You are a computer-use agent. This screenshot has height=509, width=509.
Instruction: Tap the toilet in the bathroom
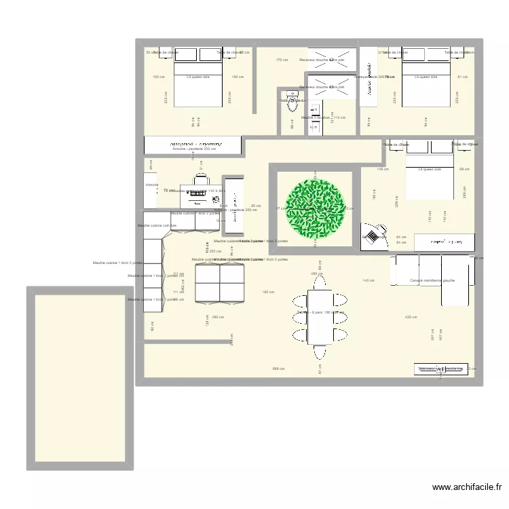click(x=293, y=103)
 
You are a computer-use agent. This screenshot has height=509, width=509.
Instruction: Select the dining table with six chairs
click(x=320, y=316)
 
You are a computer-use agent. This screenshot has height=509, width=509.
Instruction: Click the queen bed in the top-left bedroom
click(x=198, y=77)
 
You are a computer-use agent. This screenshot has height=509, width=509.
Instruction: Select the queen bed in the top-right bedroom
click(x=426, y=77)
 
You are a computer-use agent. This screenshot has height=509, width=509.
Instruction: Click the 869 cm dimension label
click(x=278, y=369)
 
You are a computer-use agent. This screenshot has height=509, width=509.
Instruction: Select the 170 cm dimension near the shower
click(x=281, y=60)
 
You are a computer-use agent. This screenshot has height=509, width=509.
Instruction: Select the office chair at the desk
click(x=202, y=179)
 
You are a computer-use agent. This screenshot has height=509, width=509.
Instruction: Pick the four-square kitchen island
click(x=219, y=282)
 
